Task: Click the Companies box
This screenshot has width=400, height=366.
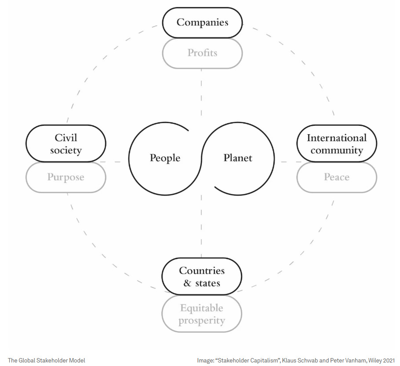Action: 202,22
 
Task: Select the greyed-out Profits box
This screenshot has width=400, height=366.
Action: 202,53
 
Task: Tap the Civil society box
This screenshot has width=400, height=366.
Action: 66,144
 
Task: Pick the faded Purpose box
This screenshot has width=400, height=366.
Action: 66,177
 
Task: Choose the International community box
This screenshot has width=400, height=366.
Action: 337,144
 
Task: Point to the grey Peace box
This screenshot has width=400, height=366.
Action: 337,177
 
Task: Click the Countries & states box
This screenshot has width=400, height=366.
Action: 202,277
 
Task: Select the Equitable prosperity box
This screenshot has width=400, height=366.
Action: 202,314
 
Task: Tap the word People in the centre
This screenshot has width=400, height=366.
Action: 165,158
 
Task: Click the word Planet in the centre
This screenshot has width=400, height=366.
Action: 238,158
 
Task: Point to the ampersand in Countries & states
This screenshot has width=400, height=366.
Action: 188,283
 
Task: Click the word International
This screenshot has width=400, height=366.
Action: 337,138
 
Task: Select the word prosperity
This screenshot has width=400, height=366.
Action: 202,320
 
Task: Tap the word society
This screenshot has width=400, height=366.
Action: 66,150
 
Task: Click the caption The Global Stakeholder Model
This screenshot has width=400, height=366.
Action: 47,360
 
